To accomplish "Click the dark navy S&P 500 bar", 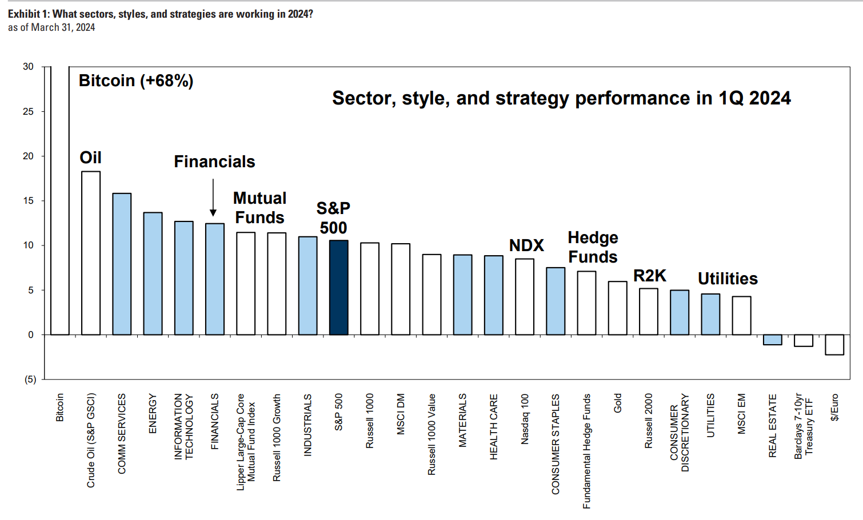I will point(338,288).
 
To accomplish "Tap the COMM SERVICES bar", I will point(122,264).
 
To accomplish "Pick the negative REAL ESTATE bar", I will point(772,340).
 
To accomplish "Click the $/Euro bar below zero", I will point(834,345).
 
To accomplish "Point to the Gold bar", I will point(617,308).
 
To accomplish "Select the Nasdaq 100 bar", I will point(524,297).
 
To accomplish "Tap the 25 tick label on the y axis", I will point(28,111).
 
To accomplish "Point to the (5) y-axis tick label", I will point(30,380).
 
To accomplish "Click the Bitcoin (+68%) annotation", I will point(136,80).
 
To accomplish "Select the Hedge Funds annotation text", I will point(593,247).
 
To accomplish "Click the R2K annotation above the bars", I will point(649,276).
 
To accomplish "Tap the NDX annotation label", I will point(526,245).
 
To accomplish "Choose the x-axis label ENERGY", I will point(153,413).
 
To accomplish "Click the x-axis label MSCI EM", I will point(741,413).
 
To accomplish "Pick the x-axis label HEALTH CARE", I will point(494,426).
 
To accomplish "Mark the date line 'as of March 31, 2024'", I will point(51,27).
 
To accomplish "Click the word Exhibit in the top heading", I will point(23,14).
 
